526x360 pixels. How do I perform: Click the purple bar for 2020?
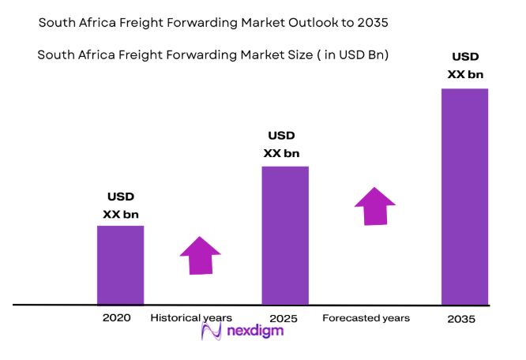(120, 264)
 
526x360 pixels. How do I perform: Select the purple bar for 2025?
(285, 235)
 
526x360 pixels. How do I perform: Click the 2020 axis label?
(116, 318)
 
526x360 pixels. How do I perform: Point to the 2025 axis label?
(283, 318)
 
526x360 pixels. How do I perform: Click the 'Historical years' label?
(191, 318)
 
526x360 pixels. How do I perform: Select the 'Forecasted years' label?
(366, 318)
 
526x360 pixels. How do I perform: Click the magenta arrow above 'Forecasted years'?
(374, 206)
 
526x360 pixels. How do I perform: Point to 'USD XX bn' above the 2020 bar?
(119, 205)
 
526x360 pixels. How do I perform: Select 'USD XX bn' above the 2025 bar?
(283, 144)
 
